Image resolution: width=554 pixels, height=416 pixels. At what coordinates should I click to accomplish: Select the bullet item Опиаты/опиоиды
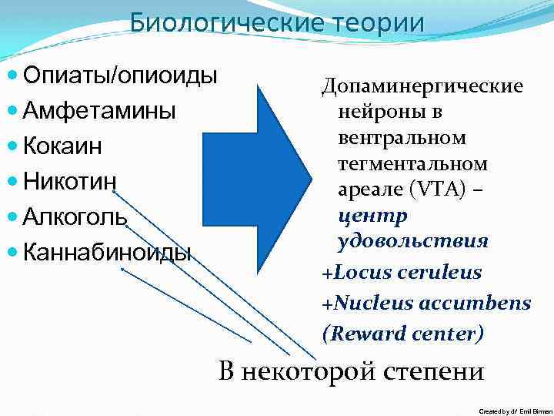(120, 76)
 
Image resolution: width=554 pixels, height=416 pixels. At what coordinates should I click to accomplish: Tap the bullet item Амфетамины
(99, 111)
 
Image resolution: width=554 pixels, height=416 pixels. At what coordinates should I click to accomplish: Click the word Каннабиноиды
(107, 251)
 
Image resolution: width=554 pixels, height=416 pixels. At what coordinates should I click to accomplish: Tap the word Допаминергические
(422, 86)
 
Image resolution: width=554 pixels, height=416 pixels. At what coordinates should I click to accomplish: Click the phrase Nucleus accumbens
(431, 303)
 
